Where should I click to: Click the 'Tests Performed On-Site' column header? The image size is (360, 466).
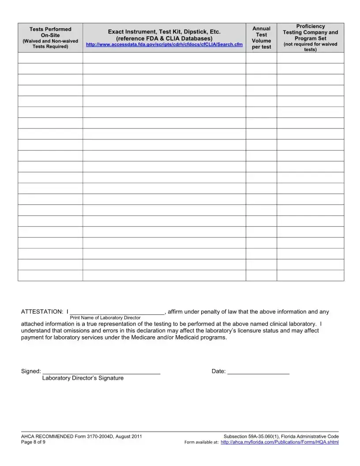pos(50,32)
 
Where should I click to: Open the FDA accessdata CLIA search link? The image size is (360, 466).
pos(164,45)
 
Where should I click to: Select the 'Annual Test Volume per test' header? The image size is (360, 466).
pos(261,38)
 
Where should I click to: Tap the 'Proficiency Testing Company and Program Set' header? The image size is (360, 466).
pos(310,32)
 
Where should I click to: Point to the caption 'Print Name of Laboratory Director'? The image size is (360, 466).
pos(105,318)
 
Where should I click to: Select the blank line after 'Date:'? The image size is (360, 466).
pos(259,372)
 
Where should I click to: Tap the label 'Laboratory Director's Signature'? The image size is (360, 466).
pos(83,378)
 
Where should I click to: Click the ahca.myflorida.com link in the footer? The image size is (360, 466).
pos(280,442)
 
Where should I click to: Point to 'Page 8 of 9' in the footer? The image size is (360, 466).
pos(33,442)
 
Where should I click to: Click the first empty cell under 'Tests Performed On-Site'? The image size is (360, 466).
pos(50,58)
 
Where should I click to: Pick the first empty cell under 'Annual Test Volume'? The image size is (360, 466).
pos(261,58)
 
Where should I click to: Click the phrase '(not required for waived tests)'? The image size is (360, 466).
pos(310,47)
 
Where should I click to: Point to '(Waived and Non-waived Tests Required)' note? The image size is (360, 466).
pos(50,44)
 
